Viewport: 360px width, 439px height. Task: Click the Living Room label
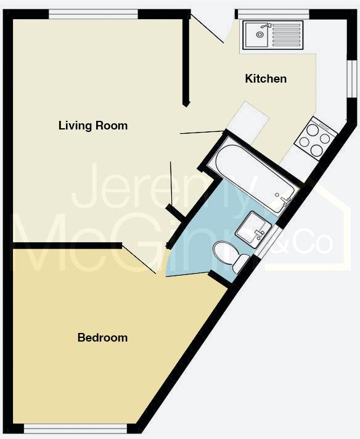pos(93,125)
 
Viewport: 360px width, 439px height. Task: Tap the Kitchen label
pos(266,79)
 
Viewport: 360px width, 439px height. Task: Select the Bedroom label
pos(102,338)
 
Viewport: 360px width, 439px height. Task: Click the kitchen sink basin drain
pos(260,35)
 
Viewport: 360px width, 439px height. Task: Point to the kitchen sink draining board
pos(286,35)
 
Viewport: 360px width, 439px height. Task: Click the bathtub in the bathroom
pos(255,176)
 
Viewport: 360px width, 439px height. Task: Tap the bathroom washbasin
pos(253,229)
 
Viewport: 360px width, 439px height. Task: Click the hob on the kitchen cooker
pos(315,139)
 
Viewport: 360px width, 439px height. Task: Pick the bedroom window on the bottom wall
pos(75,428)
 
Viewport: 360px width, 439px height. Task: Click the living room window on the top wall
pos(93,14)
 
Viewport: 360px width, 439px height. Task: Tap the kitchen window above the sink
pos(272,14)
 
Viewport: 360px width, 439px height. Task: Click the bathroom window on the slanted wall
pos(268,241)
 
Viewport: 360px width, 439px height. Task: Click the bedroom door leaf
pos(139,259)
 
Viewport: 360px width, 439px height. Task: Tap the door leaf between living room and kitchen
pos(202,132)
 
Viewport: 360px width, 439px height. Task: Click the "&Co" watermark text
pos(303,244)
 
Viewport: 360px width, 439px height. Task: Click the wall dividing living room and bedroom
pos(67,245)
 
